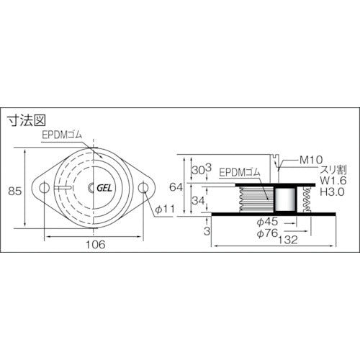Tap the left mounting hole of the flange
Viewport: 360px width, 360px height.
tap(45, 188)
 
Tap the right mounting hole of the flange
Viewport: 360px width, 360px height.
tap(145, 188)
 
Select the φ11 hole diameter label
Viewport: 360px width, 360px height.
tap(165, 210)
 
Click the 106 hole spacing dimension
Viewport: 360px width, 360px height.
tap(94, 244)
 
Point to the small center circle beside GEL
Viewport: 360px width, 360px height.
tap(91, 188)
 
